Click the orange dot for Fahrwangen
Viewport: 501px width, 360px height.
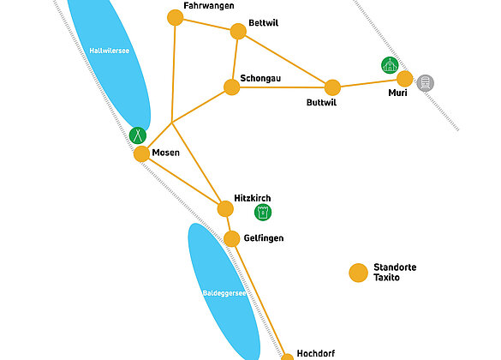tap(175, 17)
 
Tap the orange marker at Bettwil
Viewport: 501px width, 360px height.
tap(238, 32)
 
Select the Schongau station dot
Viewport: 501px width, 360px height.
tap(231, 87)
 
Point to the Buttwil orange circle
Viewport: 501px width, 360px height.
tap(332, 87)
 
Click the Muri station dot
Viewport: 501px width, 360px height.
tap(405, 79)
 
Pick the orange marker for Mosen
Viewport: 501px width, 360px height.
tap(141, 153)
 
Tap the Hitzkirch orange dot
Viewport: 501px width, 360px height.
tap(225, 209)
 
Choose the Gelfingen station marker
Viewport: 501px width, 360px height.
tap(231, 238)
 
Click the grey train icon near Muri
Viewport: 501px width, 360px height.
tap(426, 83)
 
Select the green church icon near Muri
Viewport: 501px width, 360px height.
tap(390, 65)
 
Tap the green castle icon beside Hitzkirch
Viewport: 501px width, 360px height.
tap(263, 213)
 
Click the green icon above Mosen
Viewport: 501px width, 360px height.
tap(138, 135)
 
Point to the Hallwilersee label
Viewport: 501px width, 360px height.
tap(110, 51)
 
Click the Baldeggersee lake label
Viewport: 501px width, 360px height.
tap(224, 293)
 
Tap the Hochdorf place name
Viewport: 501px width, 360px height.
tap(316, 353)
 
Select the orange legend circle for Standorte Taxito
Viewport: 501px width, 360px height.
tap(359, 273)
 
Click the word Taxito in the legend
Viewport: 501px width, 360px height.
tap(386, 277)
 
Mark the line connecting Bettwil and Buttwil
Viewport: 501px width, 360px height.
tap(285, 59)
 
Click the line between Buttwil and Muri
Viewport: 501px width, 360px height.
tap(368, 83)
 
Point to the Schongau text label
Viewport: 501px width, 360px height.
tap(260, 78)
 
